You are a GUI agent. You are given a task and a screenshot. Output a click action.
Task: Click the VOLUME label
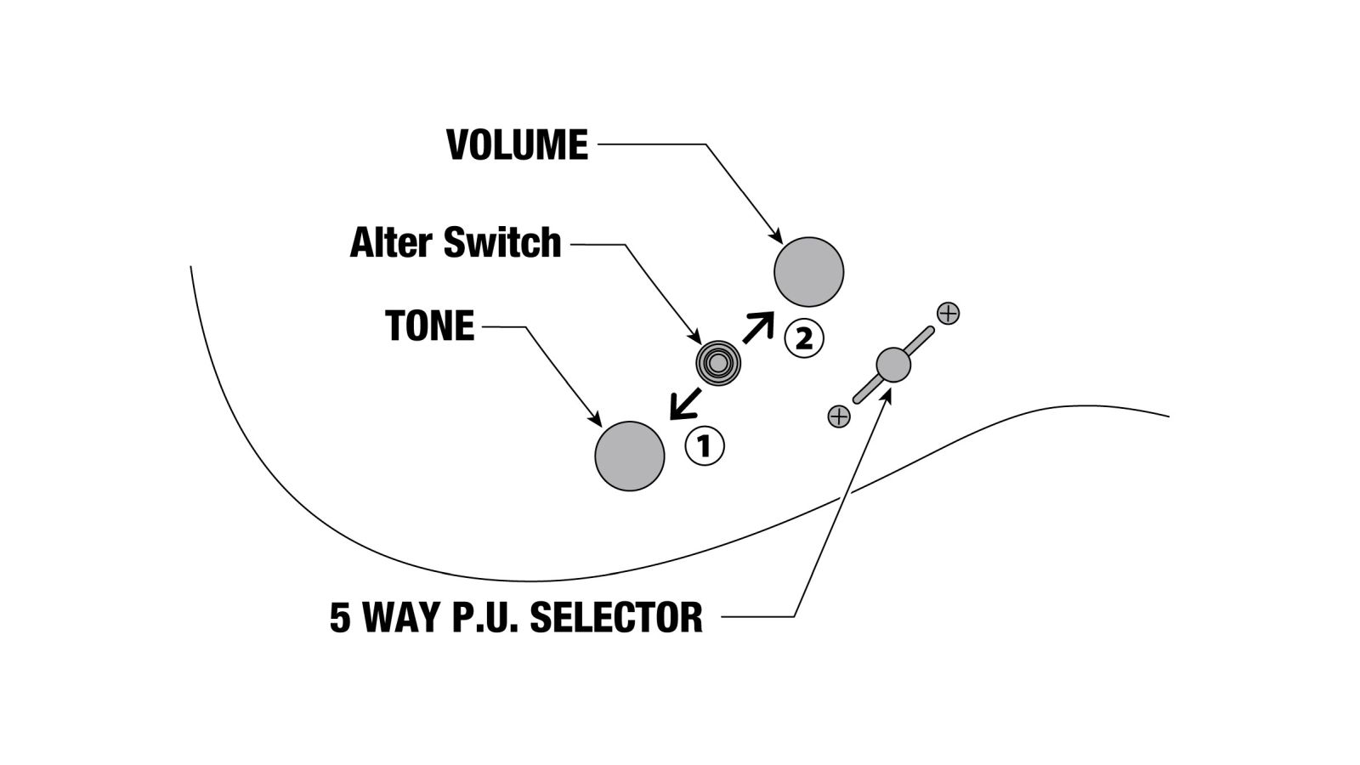click(x=517, y=145)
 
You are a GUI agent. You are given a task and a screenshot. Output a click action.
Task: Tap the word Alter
click(x=393, y=243)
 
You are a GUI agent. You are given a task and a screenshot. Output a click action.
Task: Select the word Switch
click(x=502, y=243)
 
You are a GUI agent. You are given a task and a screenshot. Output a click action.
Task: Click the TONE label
click(x=429, y=326)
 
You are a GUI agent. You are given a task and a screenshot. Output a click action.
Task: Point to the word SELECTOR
click(x=616, y=617)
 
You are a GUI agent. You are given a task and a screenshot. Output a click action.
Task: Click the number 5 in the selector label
click(x=340, y=618)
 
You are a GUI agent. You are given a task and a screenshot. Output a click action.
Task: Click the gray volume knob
click(x=808, y=272)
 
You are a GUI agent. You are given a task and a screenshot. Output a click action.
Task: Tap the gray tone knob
click(x=629, y=456)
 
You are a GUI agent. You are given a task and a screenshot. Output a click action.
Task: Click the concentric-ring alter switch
click(x=718, y=364)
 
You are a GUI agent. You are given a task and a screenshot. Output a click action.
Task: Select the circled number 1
click(x=705, y=445)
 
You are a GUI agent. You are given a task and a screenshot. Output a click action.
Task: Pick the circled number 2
click(x=803, y=339)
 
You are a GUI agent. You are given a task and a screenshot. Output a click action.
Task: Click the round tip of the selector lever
click(x=892, y=365)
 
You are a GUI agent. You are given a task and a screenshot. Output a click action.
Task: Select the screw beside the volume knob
click(x=948, y=313)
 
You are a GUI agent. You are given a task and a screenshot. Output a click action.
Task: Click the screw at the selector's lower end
click(x=838, y=416)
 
